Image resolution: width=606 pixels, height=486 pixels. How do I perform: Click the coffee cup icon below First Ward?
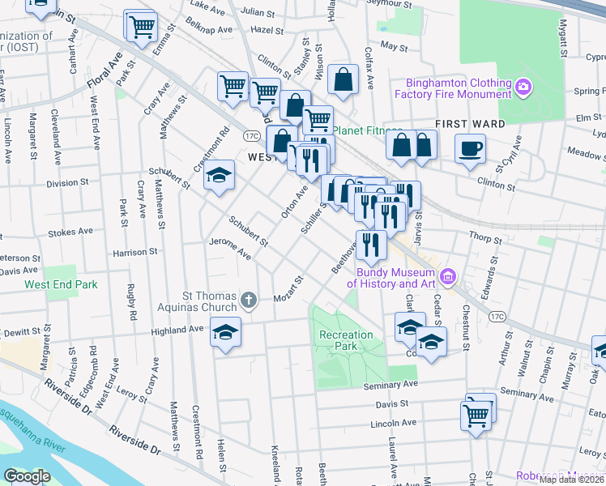470,148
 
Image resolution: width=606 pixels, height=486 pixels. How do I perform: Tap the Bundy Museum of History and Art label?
393,278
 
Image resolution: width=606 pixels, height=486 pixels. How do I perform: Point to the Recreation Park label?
346,340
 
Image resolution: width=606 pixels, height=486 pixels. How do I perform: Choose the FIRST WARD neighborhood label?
470,124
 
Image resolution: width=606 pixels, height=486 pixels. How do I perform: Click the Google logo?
27,476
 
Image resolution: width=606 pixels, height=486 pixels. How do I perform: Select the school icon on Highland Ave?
225,331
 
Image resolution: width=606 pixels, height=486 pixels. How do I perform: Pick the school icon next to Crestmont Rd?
219,175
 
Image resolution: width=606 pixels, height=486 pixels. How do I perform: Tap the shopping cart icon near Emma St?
141,26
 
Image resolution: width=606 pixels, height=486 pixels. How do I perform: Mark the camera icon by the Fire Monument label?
524,86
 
